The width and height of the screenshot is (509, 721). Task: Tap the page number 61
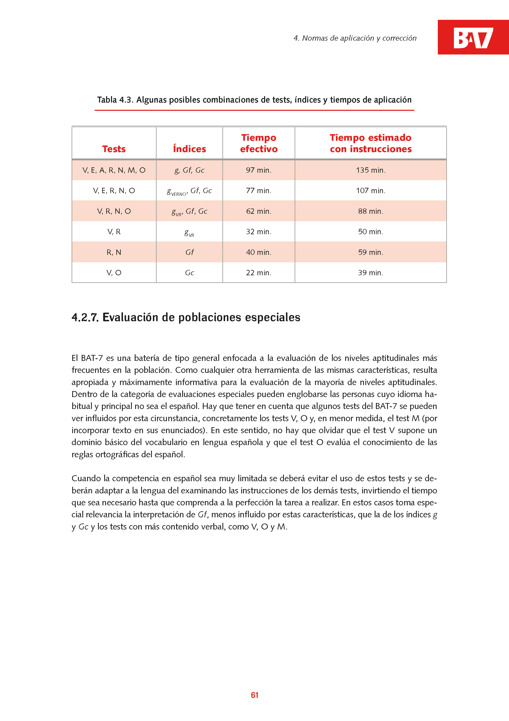pyautogui.click(x=254, y=695)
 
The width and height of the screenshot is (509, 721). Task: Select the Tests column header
pyautogui.click(x=114, y=149)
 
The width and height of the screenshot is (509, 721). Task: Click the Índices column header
pyautogui.click(x=189, y=149)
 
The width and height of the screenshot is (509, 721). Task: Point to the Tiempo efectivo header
pyautogui.click(x=259, y=143)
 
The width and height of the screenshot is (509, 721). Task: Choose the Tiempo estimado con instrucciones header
pyautogui.click(x=371, y=143)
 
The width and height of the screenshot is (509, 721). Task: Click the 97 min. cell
pyautogui.click(x=259, y=170)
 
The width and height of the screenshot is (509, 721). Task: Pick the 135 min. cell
pyautogui.click(x=371, y=170)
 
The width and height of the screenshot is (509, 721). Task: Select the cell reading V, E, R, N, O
pyautogui.click(x=114, y=191)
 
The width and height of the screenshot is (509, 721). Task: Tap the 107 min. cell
pyautogui.click(x=371, y=191)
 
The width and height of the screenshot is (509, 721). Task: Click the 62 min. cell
pyautogui.click(x=259, y=211)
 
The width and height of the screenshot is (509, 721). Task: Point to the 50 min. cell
pyautogui.click(x=371, y=232)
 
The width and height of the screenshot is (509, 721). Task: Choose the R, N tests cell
pyautogui.click(x=114, y=252)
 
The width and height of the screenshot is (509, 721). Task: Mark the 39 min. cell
pyautogui.click(x=371, y=273)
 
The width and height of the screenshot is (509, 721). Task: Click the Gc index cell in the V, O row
pyautogui.click(x=189, y=273)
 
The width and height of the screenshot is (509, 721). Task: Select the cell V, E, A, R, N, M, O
pyautogui.click(x=114, y=170)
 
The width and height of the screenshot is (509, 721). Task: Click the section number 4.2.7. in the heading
pyautogui.click(x=85, y=318)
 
